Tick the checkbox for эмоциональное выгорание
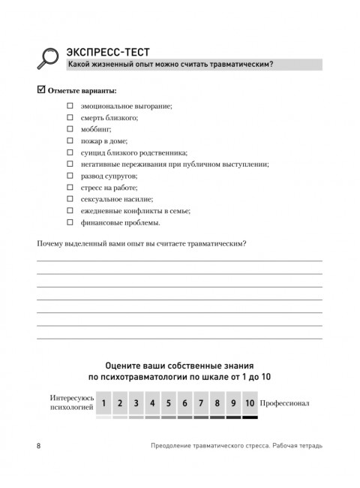(x=70, y=106)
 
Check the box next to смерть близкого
(x=70, y=118)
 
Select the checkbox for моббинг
(x=70, y=129)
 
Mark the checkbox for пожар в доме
(x=70, y=141)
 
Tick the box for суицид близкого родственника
(x=70, y=152)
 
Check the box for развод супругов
(x=70, y=176)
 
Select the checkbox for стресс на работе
(x=70, y=188)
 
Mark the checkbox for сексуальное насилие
(x=70, y=199)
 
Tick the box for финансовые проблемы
(x=70, y=222)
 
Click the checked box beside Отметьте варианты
(x=41, y=91)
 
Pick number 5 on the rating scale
(x=169, y=403)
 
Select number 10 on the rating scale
(x=250, y=403)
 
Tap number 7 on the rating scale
(x=201, y=403)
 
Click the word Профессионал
(x=285, y=404)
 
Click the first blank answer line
(x=180, y=260)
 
